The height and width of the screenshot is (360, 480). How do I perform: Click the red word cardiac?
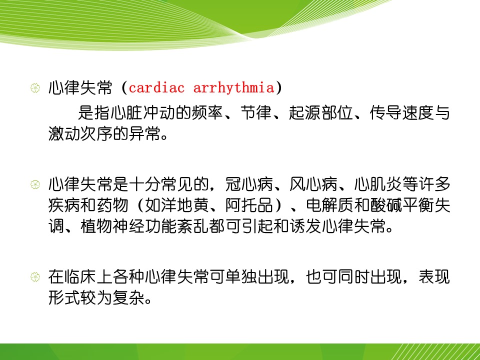[156, 88]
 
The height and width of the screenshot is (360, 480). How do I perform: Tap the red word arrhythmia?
[233, 88]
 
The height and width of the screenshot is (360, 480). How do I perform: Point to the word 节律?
[256, 112]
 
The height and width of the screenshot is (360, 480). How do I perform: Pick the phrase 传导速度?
[401, 112]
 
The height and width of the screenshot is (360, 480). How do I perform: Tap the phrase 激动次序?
[80, 133]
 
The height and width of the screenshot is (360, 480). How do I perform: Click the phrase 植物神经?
[112, 226]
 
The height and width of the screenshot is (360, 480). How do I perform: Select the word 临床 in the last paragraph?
[80, 276]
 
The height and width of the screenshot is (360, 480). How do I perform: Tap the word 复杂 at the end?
[128, 297]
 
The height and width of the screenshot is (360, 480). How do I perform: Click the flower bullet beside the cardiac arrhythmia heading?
[35, 88]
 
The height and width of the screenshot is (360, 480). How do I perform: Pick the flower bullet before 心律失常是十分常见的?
[35, 184]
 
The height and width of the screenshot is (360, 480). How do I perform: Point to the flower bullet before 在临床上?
[35, 276]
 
